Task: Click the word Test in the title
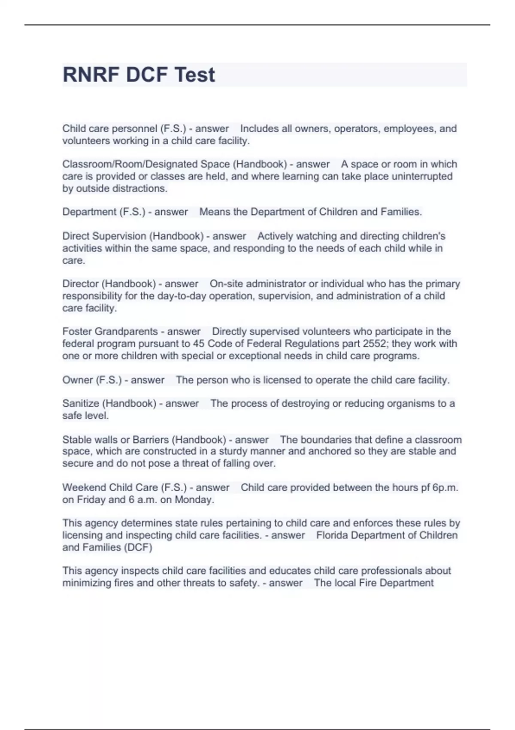[194, 75]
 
